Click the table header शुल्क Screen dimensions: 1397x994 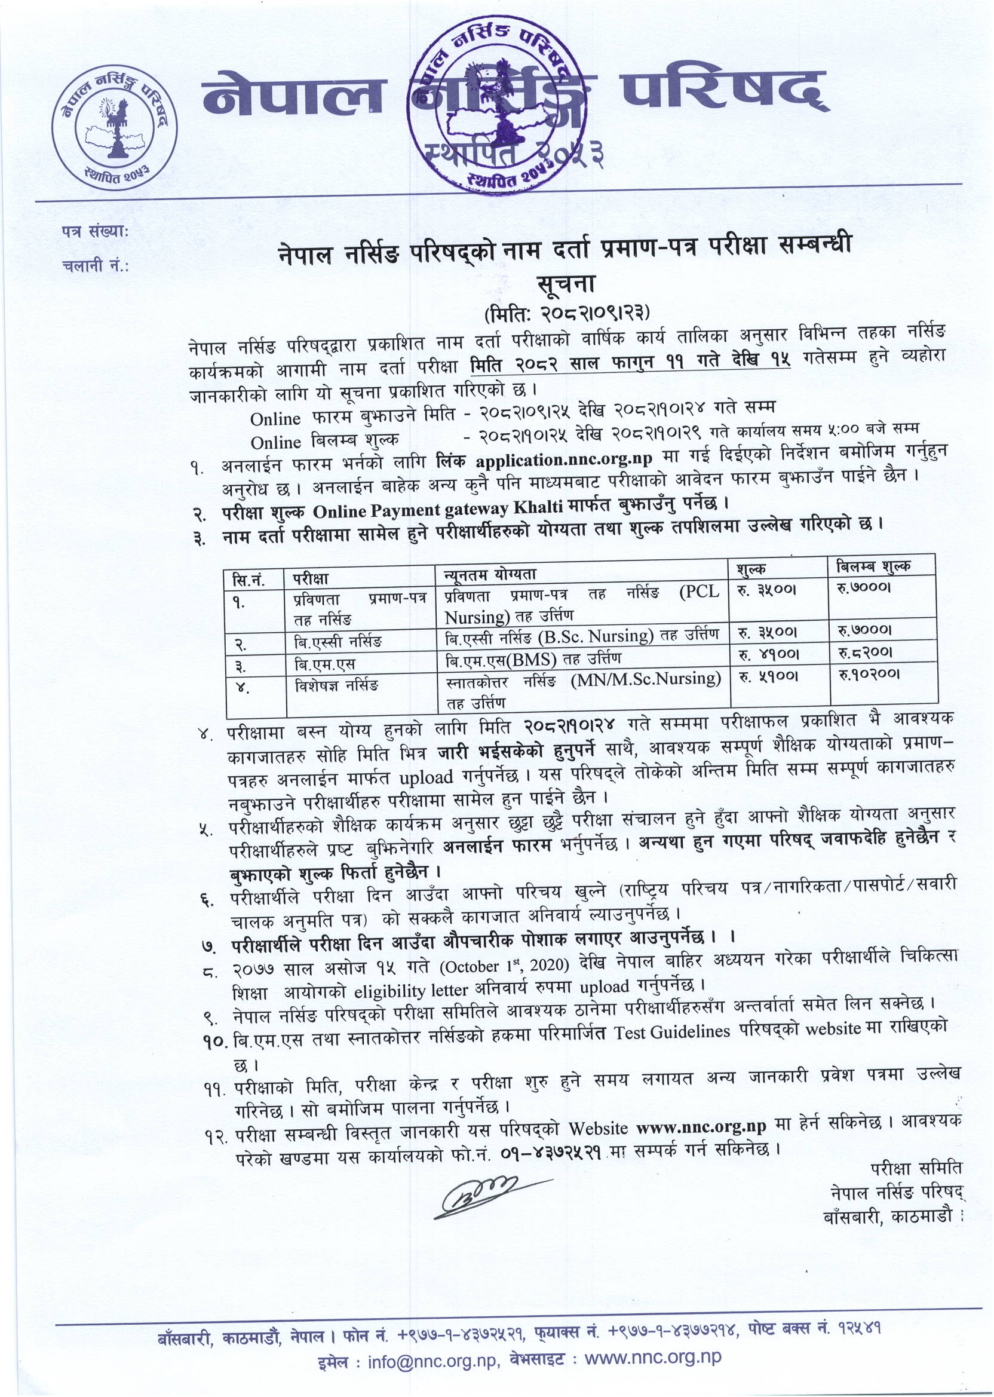pyautogui.click(x=751, y=569)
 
